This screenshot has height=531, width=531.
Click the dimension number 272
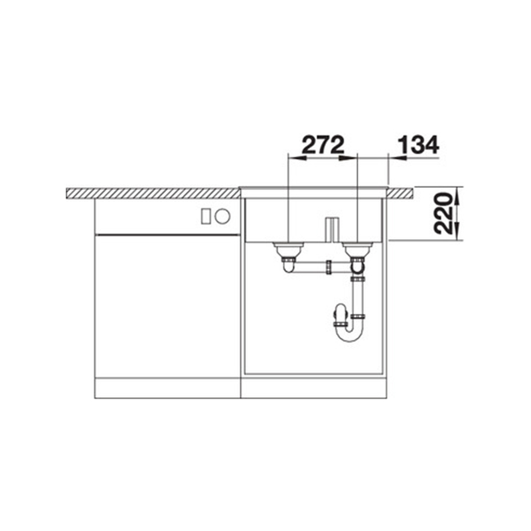pyautogui.click(x=323, y=145)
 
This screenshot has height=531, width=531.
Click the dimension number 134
pyautogui.click(x=418, y=145)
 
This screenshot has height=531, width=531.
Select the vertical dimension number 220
pyautogui.click(x=443, y=213)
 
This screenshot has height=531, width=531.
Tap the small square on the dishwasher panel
pyautogui.click(x=206, y=216)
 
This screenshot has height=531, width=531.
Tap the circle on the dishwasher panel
pyautogui.click(x=223, y=216)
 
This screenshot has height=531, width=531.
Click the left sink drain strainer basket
pyautogui.click(x=288, y=250)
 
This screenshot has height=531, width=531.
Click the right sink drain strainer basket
pyautogui.click(x=358, y=250)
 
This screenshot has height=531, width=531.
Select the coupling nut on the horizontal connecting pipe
pyautogui.click(x=328, y=267)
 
